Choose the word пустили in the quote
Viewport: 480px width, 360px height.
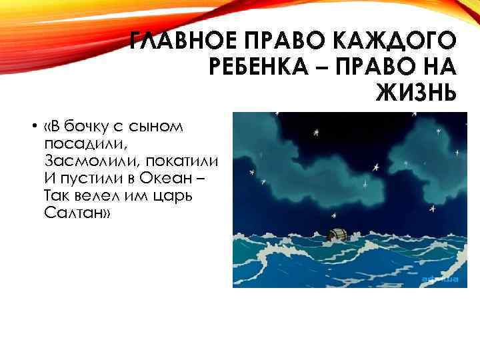click(x=83, y=179)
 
